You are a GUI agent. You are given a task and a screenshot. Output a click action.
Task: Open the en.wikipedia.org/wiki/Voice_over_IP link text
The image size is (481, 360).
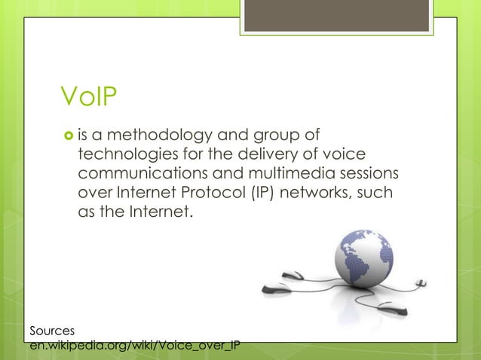[134, 346]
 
